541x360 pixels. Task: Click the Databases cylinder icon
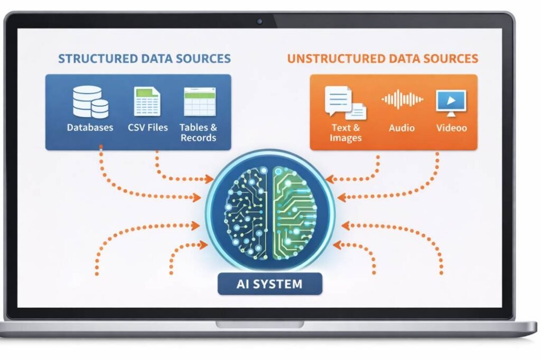[x=90, y=101]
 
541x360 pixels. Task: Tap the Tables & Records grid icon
[x=199, y=101]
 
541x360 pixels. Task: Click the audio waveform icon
[x=402, y=100]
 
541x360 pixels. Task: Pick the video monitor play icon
[x=451, y=102]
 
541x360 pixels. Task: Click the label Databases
[x=90, y=128]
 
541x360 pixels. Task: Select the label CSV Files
[x=148, y=128]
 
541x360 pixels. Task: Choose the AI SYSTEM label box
[x=269, y=284]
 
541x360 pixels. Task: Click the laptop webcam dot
[x=259, y=22]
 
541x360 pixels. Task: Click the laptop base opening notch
[x=260, y=324]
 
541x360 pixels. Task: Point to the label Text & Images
[x=346, y=132]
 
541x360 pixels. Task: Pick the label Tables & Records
[x=199, y=132]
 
